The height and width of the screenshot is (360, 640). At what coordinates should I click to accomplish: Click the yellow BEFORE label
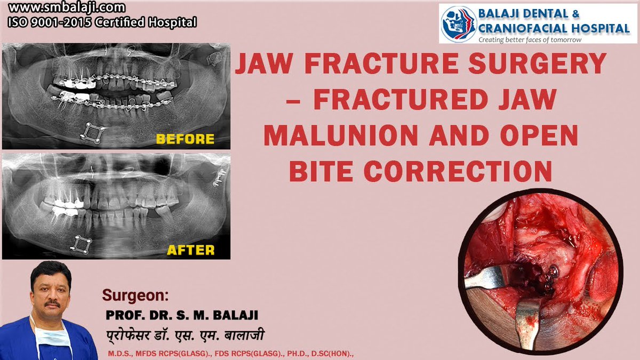(185, 139)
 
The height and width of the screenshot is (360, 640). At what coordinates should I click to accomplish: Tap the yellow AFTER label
(190, 250)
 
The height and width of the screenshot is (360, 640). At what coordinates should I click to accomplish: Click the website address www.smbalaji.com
(67, 9)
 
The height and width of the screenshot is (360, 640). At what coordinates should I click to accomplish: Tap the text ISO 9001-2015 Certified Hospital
(101, 22)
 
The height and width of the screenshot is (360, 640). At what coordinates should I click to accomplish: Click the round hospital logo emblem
(458, 23)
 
